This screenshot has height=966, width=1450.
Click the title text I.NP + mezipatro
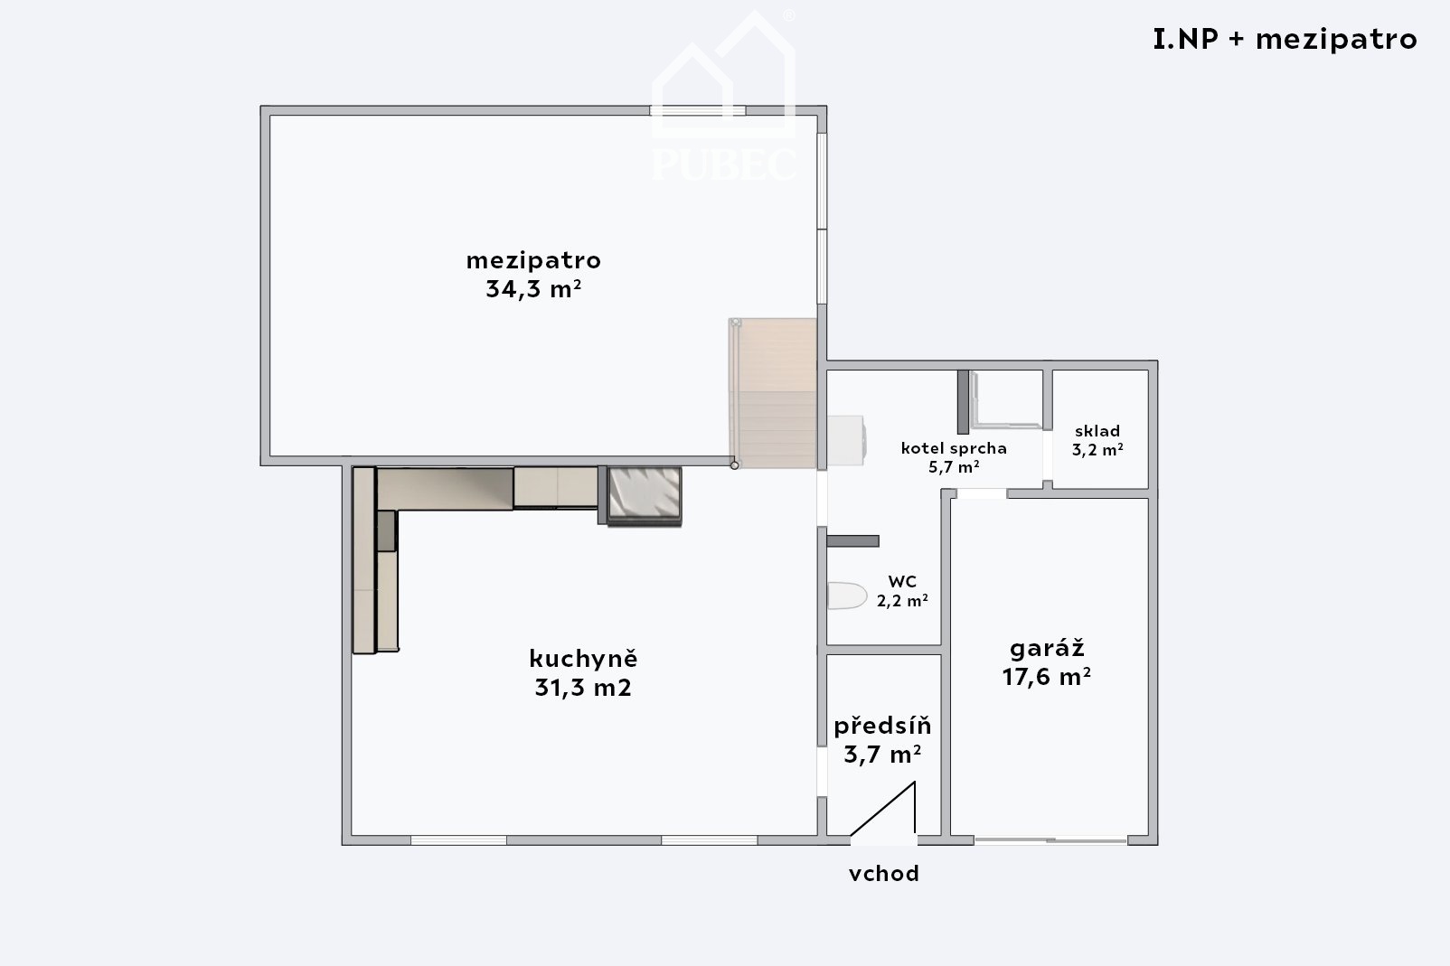click(x=1285, y=40)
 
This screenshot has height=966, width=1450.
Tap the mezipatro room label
click(x=533, y=261)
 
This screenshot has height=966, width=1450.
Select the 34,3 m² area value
click(x=533, y=288)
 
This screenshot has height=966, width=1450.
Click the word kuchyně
click(x=583, y=659)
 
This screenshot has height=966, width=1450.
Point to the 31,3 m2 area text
click(x=583, y=687)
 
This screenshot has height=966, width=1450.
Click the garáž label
click(x=1047, y=648)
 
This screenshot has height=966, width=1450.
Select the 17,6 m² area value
click(x=1047, y=677)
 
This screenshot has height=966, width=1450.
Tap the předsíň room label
click(x=882, y=726)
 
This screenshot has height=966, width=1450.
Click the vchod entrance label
click(x=883, y=874)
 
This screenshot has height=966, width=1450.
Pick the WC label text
click(x=902, y=581)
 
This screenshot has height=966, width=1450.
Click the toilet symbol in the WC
click(x=847, y=596)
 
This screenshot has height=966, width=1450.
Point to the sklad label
click(x=1097, y=431)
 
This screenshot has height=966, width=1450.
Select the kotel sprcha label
click(x=954, y=447)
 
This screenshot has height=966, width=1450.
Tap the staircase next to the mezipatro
click(x=773, y=393)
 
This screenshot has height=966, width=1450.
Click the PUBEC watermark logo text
click(x=724, y=164)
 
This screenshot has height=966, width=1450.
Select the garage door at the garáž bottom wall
click(x=1050, y=841)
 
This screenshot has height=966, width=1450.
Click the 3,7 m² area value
click(x=882, y=755)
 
